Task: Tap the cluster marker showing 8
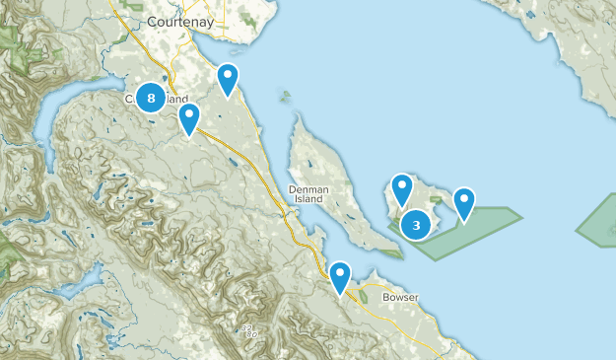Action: [150, 97]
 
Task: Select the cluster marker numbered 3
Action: [417, 225]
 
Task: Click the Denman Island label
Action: [315, 193]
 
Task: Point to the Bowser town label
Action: [399, 296]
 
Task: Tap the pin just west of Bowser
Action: [340, 276]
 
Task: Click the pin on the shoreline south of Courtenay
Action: [228, 79]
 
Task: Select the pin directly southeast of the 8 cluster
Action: [189, 118]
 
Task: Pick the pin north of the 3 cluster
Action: [401, 188]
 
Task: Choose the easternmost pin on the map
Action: [463, 202]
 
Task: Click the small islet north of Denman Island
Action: [286, 97]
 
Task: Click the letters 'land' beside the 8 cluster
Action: [176, 100]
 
